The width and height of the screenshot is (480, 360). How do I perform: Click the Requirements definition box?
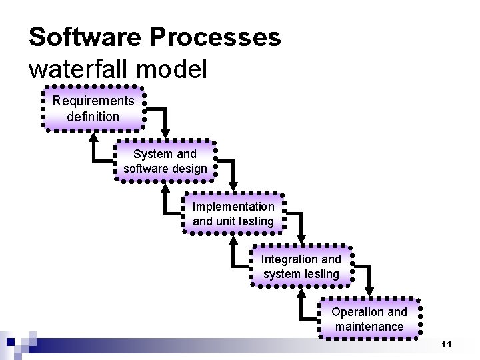[93, 109]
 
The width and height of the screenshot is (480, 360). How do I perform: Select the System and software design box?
[165, 161]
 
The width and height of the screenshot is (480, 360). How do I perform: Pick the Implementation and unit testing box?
[233, 213]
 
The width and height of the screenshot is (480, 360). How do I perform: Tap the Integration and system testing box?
[301, 266]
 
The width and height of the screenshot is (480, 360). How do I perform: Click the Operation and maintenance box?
[369, 319]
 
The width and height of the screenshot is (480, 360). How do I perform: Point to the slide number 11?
[446, 344]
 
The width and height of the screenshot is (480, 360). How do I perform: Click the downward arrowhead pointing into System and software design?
[165, 133]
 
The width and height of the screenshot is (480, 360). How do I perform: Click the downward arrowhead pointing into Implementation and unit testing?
[233, 185]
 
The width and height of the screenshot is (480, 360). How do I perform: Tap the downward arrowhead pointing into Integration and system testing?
[301, 238]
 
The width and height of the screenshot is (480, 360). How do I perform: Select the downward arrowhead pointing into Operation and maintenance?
[370, 291]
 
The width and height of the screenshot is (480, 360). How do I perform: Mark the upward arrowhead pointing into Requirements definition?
[93, 135]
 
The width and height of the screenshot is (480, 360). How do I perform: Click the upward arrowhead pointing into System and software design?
[165, 188]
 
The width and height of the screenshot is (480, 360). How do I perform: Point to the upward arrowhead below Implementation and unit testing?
[233, 241]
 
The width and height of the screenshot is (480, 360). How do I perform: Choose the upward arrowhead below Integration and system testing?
[301, 293]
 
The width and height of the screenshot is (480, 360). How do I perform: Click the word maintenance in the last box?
[369, 327]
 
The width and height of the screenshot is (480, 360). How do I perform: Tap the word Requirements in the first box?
[93, 101]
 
